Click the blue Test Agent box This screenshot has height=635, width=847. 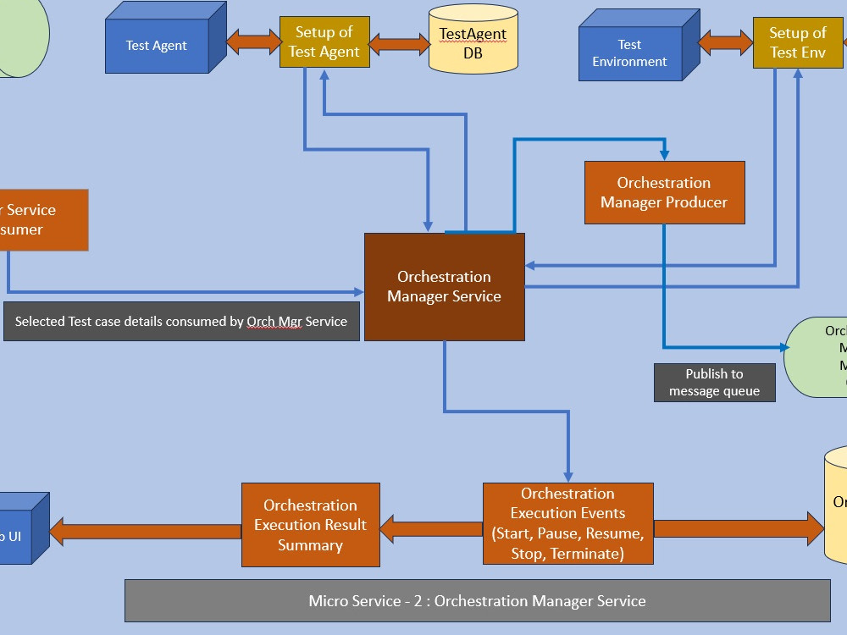[157, 46]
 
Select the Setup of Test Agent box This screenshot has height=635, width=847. [324, 42]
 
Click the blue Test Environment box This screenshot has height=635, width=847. [630, 53]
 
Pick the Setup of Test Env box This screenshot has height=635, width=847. [797, 42]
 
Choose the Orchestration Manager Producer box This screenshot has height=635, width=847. [664, 193]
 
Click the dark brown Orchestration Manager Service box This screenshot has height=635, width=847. [444, 287]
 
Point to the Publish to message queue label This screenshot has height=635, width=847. [714, 383]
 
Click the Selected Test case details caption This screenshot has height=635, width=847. [181, 322]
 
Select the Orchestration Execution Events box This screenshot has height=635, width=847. [567, 523]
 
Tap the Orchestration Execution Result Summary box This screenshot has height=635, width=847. [310, 525]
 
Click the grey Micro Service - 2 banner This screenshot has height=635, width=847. [477, 601]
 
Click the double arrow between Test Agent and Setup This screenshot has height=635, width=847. [253, 41]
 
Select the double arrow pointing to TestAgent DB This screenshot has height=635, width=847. [399, 43]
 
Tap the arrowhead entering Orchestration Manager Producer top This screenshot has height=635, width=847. [665, 155]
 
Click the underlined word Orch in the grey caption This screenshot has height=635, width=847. [259, 322]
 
